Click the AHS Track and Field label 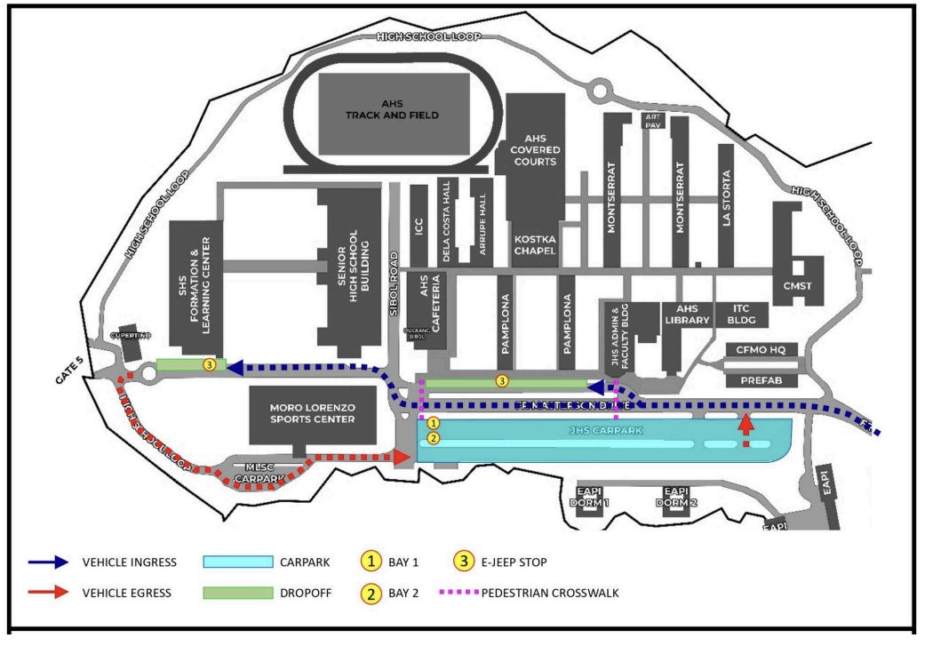(x=394, y=108)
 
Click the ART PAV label (x=654, y=121)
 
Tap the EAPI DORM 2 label (x=676, y=497)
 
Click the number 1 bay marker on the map (x=433, y=423)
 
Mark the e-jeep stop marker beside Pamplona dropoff (x=502, y=382)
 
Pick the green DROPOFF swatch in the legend (x=237, y=593)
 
